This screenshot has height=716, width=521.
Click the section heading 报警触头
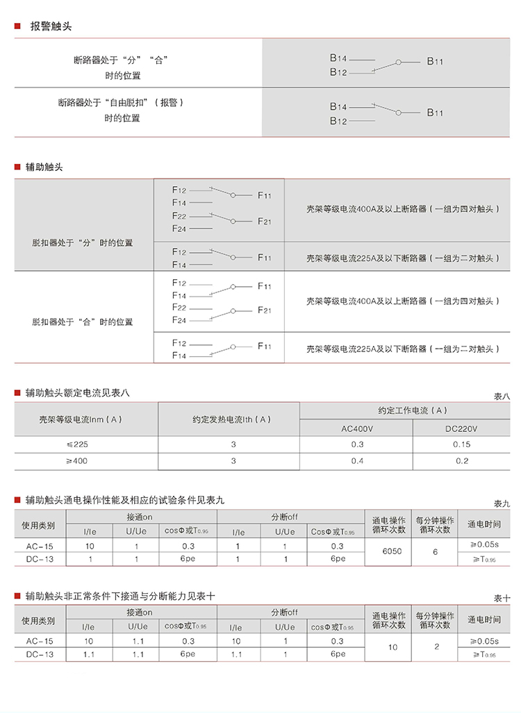51,26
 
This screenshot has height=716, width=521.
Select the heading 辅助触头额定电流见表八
77,393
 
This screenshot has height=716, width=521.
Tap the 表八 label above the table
502,396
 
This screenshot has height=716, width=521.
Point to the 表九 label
502,503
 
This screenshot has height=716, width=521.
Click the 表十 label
502,598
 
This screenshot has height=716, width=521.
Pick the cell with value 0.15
461,444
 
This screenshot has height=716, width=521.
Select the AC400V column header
357,428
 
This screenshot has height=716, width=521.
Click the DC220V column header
461,428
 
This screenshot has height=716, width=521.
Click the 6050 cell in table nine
392,551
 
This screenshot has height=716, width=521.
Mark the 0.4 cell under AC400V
357,460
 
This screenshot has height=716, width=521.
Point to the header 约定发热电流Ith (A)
231,419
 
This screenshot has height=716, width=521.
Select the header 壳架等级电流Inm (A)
81,419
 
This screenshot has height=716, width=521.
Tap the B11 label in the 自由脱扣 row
435,113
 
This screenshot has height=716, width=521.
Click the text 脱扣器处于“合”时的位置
82,322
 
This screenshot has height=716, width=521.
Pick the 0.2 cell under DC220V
461,460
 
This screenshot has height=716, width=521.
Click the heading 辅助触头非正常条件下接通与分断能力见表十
120,595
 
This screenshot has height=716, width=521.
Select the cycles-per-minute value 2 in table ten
436,647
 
